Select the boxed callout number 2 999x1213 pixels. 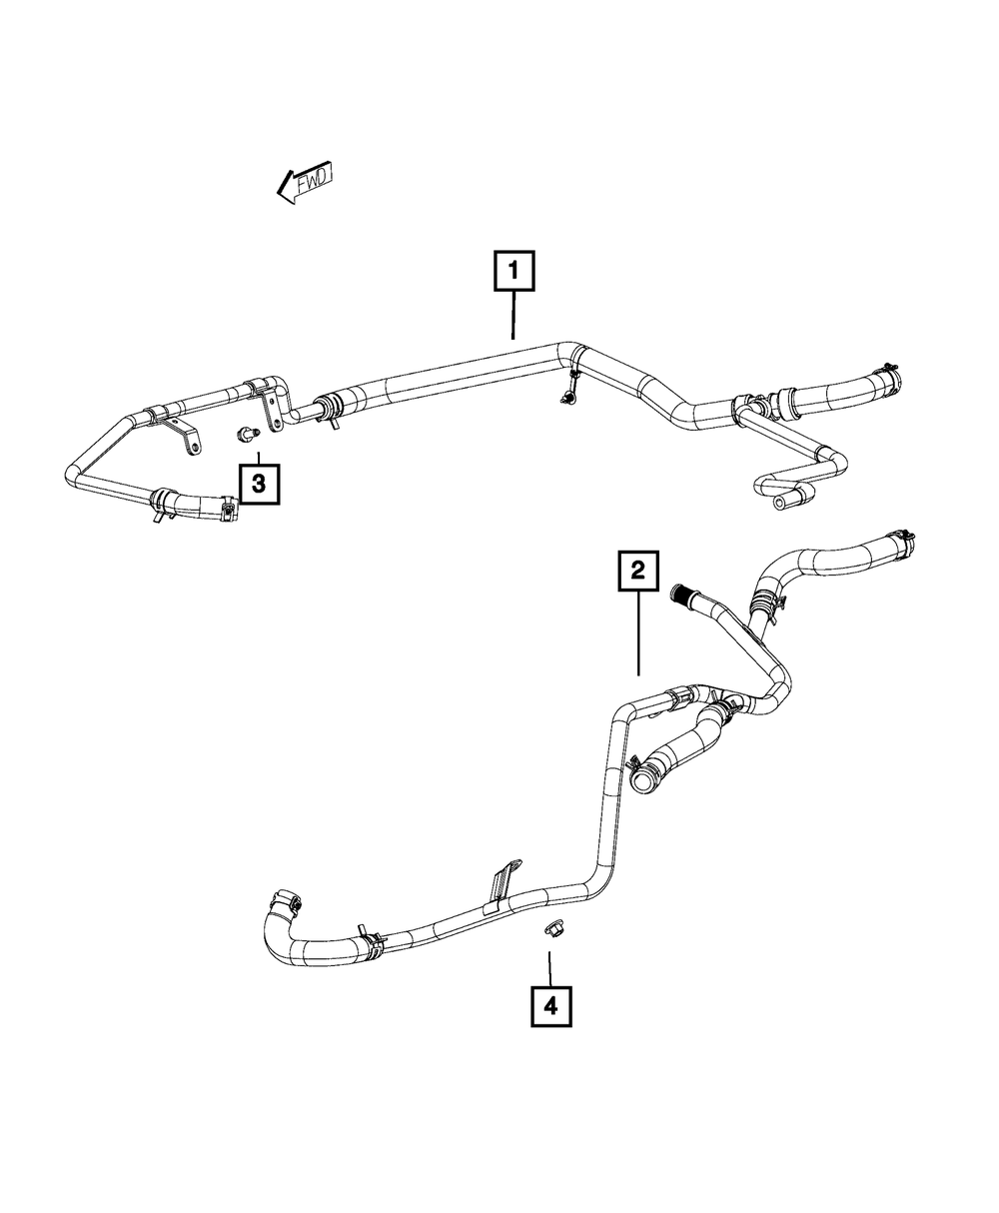pos(637,574)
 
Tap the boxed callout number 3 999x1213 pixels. pos(258,486)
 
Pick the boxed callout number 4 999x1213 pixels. pos(550,1007)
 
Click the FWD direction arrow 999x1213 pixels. pos(305,184)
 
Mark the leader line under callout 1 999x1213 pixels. pos(513,315)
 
